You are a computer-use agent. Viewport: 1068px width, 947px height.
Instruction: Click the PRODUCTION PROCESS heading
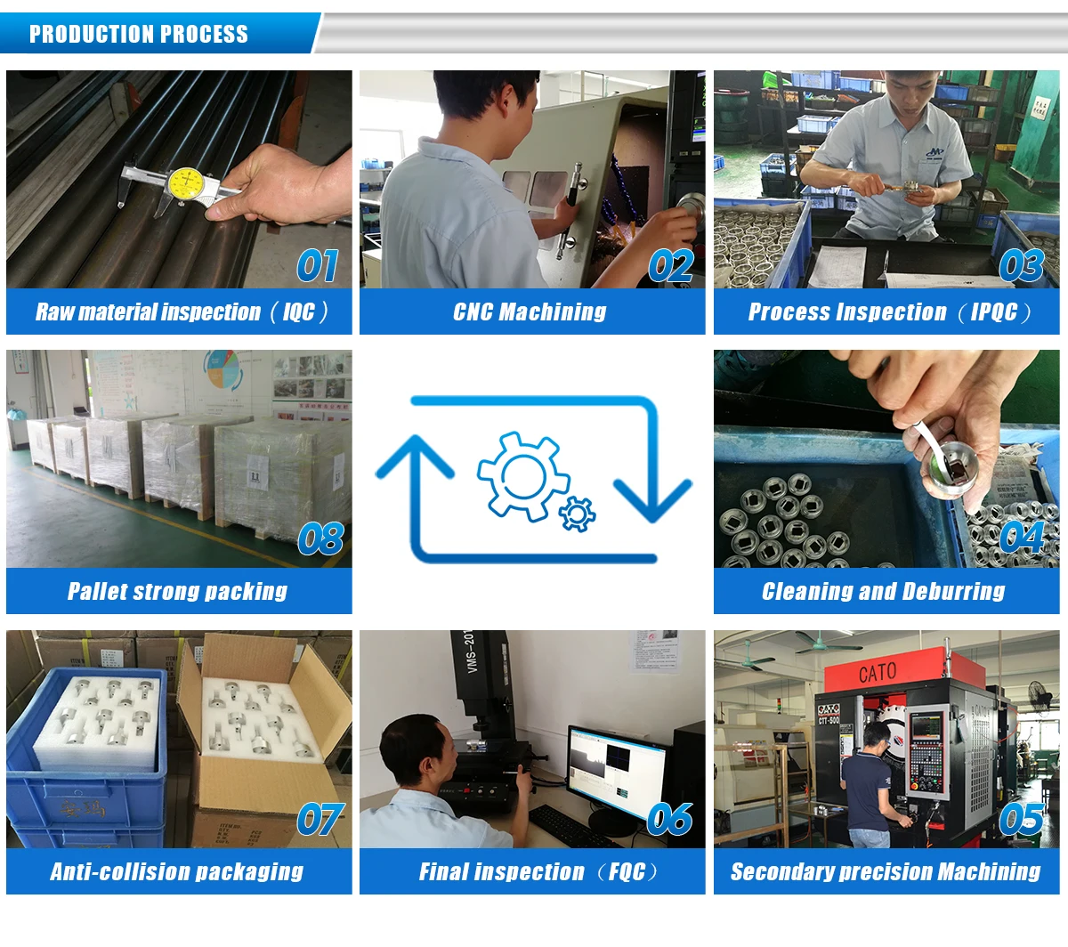click(139, 35)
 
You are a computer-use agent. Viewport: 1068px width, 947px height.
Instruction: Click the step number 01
click(317, 265)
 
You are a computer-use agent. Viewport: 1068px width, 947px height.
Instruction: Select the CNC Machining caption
click(530, 312)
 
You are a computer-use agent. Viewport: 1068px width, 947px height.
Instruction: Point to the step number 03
click(1020, 265)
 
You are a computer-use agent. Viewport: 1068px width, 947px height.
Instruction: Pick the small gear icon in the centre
click(578, 514)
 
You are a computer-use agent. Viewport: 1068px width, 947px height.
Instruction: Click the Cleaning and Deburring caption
click(883, 592)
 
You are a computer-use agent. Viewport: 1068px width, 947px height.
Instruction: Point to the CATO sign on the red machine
click(877, 673)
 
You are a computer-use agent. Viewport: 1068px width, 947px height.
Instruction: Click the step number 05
click(1020, 819)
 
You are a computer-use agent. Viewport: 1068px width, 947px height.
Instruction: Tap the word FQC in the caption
click(627, 872)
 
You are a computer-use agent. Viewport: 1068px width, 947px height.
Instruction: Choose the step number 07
click(320, 820)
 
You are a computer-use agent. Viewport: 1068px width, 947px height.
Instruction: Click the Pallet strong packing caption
click(178, 592)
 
